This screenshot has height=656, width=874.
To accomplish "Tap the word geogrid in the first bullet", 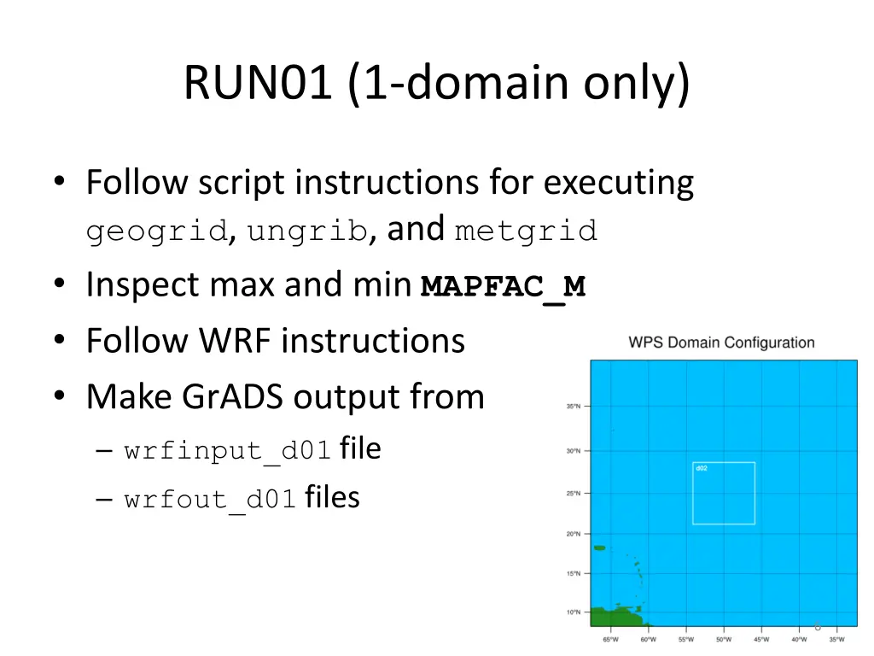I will (x=156, y=231).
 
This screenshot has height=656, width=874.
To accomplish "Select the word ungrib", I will (x=307, y=231).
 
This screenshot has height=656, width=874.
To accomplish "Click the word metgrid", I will (x=526, y=231).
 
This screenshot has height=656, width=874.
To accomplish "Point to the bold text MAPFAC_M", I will (x=504, y=286).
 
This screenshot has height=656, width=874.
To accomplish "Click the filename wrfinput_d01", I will (x=227, y=451).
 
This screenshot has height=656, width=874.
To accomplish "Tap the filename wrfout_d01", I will (x=210, y=499).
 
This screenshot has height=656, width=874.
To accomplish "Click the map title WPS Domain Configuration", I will (x=721, y=343).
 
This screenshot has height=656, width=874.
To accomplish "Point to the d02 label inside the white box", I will (x=701, y=468).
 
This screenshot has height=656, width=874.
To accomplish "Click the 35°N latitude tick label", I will (x=574, y=407).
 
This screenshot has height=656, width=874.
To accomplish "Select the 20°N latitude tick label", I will (x=574, y=534).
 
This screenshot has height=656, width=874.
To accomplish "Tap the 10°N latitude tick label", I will (x=574, y=612).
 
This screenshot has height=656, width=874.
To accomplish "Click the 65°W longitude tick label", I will (x=611, y=639).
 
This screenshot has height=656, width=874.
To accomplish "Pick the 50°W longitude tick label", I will (x=724, y=639).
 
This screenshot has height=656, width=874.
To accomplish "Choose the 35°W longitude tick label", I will (x=836, y=639).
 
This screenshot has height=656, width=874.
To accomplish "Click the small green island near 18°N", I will (x=599, y=548).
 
